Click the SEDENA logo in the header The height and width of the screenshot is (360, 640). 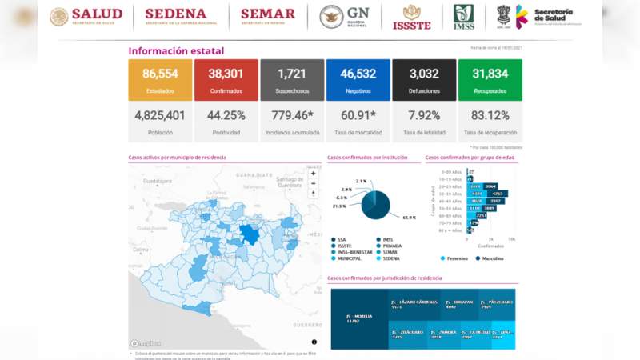(175, 16)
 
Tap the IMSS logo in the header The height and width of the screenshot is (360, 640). (463, 16)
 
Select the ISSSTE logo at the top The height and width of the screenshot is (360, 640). (412, 17)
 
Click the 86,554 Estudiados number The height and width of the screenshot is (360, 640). (160, 74)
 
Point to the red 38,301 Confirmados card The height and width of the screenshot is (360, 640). (226, 79)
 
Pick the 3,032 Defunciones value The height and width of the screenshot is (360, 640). (424, 74)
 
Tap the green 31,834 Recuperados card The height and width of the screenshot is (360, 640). (490, 79)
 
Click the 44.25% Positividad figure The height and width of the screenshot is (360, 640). (226, 114)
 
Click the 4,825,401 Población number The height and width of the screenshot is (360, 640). (160, 114)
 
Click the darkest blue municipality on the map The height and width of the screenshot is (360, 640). (250, 234)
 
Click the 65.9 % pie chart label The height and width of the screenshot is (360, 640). (409, 218)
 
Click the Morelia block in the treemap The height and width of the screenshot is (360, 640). (359, 318)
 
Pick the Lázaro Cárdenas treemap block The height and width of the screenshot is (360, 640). (413, 305)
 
